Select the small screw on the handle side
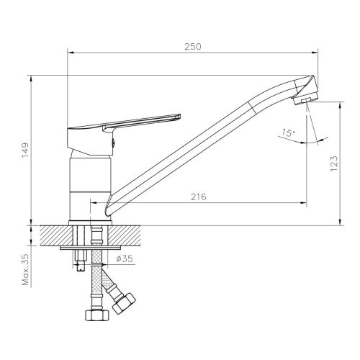pyautogui.click(x=113, y=144)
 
